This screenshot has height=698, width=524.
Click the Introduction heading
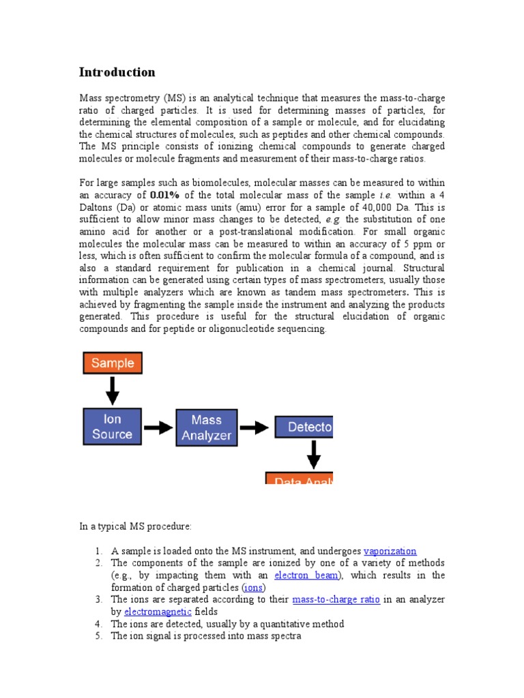(117, 72)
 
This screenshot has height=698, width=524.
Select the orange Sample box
(113, 363)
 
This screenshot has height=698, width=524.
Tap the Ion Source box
(113, 427)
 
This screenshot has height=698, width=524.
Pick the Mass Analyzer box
(207, 428)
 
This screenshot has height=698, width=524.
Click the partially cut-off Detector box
(304, 427)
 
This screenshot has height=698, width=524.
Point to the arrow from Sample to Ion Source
(113, 391)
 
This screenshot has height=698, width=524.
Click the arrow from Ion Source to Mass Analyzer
(158, 428)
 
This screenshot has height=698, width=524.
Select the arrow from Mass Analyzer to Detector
(255, 428)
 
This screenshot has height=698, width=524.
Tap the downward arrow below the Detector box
(313, 454)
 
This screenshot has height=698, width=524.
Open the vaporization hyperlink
(390, 551)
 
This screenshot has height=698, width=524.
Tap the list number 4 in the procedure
(98, 624)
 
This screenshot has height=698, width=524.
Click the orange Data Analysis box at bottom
(300, 480)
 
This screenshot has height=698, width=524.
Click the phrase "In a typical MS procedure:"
(136, 526)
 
